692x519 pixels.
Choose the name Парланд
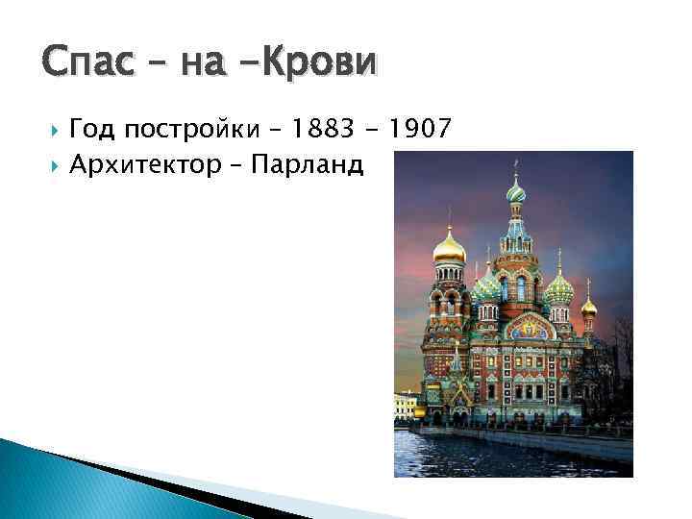(x=307, y=165)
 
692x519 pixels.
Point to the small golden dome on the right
(x=588, y=307)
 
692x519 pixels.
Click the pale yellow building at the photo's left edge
(x=405, y=404)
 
